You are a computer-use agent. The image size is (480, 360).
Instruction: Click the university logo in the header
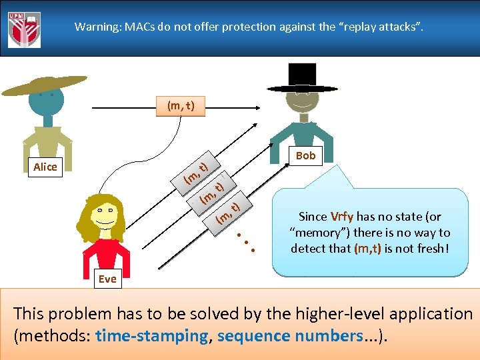click(24, 29)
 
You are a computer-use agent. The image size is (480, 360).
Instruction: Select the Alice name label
click(45, 167)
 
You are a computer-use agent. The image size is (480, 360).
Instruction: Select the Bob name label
click(305, 155)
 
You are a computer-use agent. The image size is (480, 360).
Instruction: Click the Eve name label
click(107, 279)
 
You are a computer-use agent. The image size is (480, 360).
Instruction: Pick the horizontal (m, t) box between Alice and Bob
click(181, 105)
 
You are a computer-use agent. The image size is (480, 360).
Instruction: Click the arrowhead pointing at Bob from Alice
click(261, 105)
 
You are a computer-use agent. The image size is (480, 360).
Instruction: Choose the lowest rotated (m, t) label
click(228, 211)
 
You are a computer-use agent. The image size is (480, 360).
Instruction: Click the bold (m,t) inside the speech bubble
click(368, 249)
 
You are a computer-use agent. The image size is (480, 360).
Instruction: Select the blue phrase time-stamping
click(152, 336)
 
